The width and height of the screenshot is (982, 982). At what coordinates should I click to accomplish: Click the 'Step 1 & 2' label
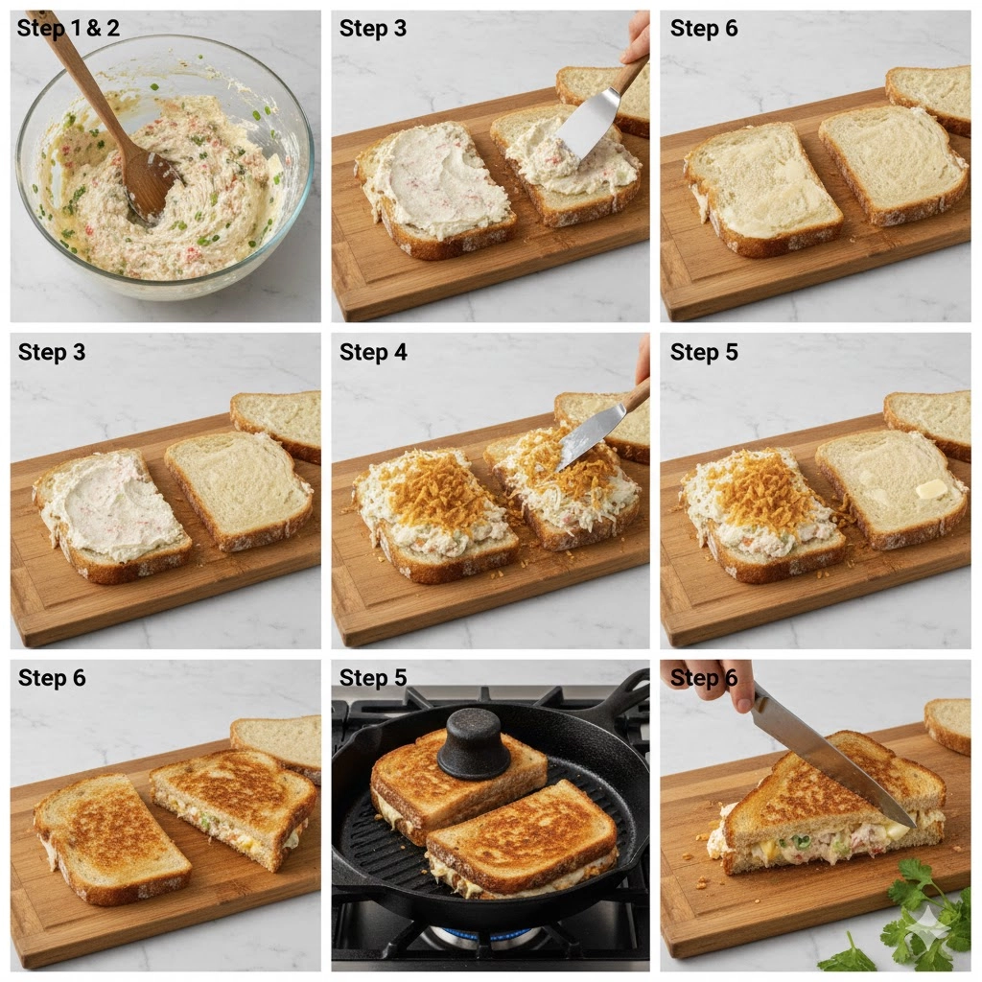coord(68,28)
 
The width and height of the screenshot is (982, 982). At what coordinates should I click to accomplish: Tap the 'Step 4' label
coord(373,353)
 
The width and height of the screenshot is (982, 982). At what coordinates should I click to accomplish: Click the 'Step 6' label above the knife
coord(703,678)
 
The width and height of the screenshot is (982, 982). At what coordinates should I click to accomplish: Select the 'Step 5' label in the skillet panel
coord(373,678)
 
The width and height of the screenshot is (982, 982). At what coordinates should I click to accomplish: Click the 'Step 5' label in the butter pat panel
coord(703,353)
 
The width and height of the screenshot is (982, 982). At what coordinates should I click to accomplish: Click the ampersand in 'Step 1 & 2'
coord(85,29)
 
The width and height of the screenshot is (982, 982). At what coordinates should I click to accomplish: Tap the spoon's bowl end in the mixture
coord(151,187)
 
